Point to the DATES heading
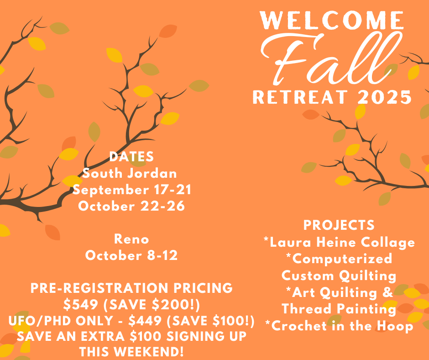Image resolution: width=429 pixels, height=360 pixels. (131, 157)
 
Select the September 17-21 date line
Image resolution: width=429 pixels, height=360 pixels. (131, 190)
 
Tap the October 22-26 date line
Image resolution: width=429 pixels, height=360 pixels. (131, 206)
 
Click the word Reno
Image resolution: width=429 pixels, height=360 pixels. (131, 239)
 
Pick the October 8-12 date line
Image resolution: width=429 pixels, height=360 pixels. (131, 255)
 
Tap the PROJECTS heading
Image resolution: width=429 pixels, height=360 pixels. (339, 225)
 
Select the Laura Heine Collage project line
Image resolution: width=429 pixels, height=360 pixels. (339, 242)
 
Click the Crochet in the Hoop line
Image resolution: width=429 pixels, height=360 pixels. (339, 326)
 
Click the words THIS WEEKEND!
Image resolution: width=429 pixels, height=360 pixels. (131, 352)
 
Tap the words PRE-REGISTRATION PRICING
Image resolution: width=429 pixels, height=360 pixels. (131, 288)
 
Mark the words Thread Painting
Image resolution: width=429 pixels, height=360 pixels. (339, 309)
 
